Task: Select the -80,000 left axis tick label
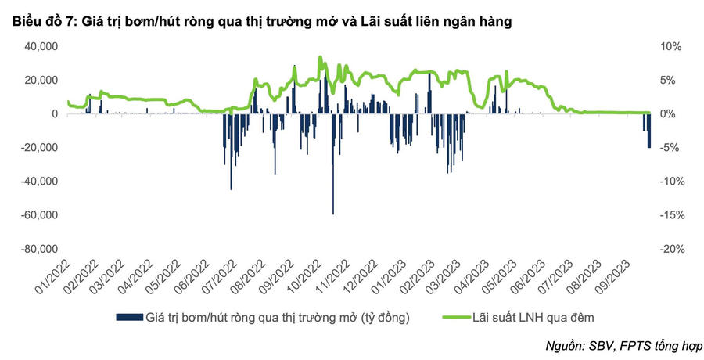pos(38,249)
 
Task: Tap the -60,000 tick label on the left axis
pos(38,215)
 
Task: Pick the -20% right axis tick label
pos(670,249)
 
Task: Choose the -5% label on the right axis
pos(672,148)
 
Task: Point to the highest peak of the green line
pos(320,57)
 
